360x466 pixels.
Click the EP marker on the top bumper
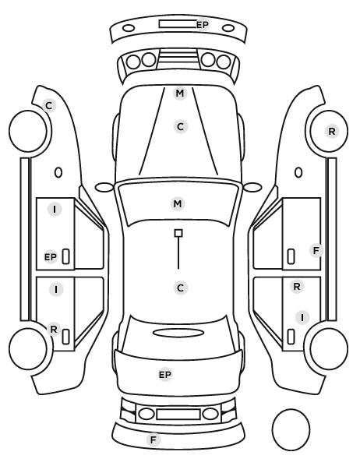click(x=203, y=25)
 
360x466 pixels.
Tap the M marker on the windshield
click(x=178, y=204)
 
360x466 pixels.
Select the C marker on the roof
click(x=181, y=288)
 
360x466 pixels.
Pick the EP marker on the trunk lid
click(x=165, y=375)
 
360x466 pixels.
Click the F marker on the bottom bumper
click(x=154, y=440)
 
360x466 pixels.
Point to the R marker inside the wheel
click(x=332, y=131)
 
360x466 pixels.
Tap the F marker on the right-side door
click(x=316, y=251)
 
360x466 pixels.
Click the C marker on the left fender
click(x=49, y=105)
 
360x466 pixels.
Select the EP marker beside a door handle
click(x=51, y=257)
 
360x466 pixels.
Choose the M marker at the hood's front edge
click(x=180, y=94)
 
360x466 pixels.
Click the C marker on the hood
click(x=181, y=127)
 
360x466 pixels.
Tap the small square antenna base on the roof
click(x=178, y=233)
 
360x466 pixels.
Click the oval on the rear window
click(x=178, y=333)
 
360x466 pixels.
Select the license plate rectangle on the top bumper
click(x=178, y=24)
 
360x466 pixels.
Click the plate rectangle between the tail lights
click(x=178, y=414)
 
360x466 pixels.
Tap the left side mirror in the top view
click(x=104, y=187)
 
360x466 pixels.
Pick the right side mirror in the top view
click(x=252, y=187)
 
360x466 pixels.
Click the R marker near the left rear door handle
click(x=54, y=330)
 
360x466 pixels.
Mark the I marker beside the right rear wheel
click(x=302, y=317)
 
